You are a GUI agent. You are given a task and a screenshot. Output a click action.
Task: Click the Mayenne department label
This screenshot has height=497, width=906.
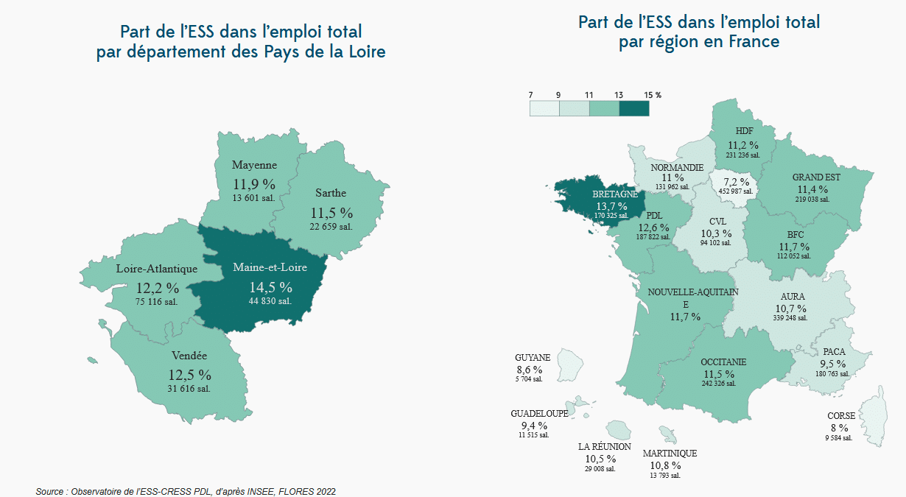(254, 165)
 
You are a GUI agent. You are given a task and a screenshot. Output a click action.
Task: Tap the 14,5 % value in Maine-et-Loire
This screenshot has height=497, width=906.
(270, 287)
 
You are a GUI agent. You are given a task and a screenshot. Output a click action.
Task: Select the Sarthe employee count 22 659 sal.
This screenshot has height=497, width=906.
(331, 227)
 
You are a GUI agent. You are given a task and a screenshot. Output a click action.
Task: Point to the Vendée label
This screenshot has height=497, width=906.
(189, 356)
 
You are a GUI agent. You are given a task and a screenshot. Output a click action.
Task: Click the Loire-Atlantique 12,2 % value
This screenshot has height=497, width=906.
(158, 288)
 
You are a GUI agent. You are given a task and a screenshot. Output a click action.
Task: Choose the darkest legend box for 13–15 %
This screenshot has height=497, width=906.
(634, 108)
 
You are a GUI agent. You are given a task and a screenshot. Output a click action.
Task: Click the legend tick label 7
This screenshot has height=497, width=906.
(530, 95)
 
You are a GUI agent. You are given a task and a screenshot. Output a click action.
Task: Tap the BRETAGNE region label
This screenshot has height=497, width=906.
(615, 194)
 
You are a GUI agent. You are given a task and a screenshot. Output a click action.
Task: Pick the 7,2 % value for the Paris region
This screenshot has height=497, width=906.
(737, 183)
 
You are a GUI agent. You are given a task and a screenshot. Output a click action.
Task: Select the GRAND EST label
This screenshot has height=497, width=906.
(816, 177)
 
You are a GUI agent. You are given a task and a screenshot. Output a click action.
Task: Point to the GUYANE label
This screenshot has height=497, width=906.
(533, 358)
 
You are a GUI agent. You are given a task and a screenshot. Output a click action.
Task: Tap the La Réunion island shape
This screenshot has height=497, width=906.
(619, 429)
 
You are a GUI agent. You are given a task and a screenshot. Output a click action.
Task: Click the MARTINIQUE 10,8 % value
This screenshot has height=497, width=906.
(665, 465)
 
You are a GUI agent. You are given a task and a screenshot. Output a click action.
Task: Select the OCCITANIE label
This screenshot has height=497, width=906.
(723, 362)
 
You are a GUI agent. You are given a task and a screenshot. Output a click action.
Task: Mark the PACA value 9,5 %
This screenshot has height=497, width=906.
(833, 364)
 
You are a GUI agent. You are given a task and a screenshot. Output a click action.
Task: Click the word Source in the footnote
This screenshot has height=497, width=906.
(49, 492)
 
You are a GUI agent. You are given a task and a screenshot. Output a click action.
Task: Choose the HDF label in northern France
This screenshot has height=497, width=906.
(744, 130)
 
